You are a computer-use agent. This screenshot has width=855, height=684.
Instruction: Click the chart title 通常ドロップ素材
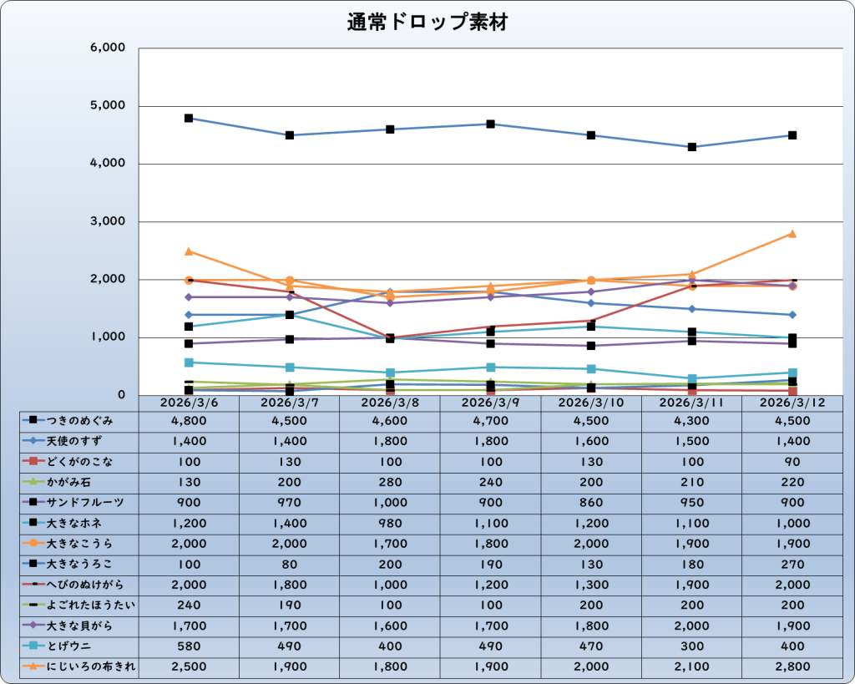click(427, 23)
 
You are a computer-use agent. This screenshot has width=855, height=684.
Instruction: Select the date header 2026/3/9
click(490, 403)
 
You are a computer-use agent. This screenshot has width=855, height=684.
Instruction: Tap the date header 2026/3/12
click(792, 403)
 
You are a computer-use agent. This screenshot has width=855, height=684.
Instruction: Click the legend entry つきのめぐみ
click(80, 421)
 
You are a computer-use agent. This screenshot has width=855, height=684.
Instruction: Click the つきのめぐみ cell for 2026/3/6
click(189, 421)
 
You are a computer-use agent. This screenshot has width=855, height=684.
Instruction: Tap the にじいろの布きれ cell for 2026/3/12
click(792, 666)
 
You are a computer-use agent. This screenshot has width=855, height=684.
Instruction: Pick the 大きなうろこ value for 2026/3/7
click(289, 564)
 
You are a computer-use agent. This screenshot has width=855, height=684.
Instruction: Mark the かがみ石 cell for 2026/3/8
click(390, 482)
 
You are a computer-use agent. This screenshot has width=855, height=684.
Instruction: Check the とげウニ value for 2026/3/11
click(691, 646)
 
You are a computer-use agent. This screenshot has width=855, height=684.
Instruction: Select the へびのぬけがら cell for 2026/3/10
click(591, 585)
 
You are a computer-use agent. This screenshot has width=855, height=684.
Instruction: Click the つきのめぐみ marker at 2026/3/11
click(692, 147)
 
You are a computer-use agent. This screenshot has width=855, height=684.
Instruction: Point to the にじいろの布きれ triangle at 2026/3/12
click(792, 234)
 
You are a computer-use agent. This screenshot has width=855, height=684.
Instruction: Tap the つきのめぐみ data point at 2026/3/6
click(189, 118)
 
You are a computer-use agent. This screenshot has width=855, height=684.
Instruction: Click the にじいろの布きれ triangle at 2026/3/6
click(189, 251)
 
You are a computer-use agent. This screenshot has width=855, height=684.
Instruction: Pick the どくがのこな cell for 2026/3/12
click(792, 462)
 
